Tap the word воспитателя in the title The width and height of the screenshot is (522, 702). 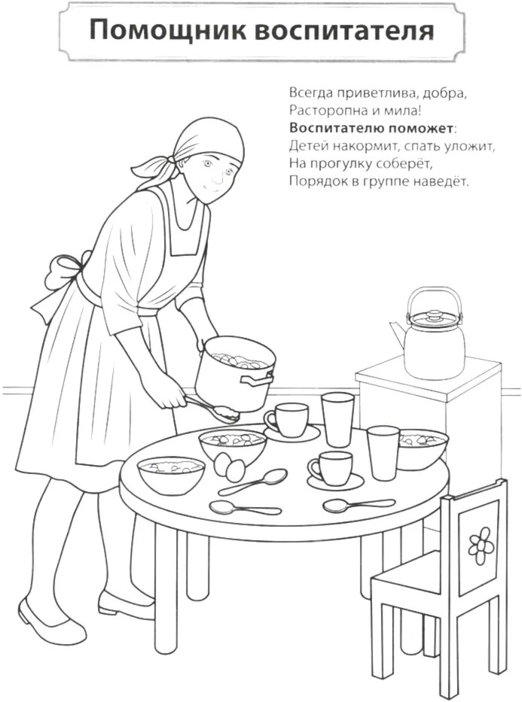click(344, 30)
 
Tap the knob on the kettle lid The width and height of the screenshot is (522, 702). click(433, 315)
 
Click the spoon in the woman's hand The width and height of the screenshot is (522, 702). click(213, 408)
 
